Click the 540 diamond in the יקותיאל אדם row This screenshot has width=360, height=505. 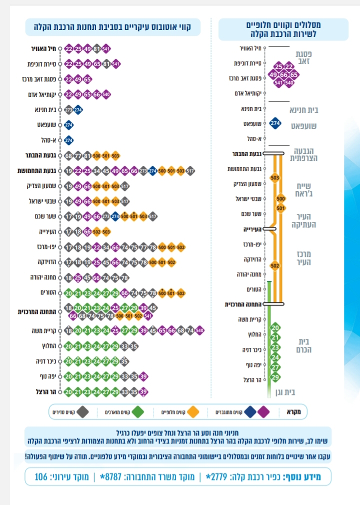click(106, 93)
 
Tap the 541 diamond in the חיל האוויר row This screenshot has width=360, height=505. click(106, 48)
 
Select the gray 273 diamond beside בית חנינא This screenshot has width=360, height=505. click(69, 109)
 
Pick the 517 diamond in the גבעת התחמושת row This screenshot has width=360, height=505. click(190, 170)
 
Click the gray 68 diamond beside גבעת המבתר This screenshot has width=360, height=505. click(69, 155)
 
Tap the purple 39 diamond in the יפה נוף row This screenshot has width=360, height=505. click(143, 376)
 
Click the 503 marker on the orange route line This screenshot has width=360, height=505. click(274, 177)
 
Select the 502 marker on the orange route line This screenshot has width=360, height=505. click(274, 265)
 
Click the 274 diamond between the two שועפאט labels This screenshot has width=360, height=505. click(274, 123)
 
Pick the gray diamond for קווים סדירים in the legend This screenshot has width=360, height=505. click(83, 412)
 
